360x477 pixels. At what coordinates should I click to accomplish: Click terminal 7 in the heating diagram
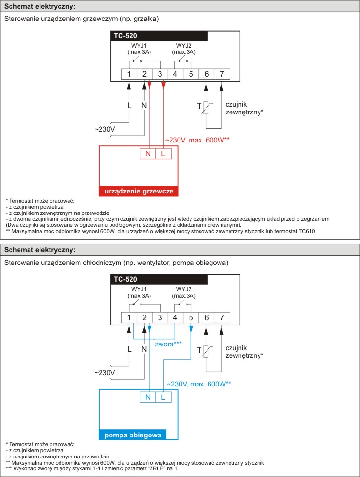pos(222,74)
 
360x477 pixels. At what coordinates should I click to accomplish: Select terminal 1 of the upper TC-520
pos(129,74)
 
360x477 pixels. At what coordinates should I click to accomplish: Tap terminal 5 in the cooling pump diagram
pos(191,317)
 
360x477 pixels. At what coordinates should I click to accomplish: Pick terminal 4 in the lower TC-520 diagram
pos(175,317)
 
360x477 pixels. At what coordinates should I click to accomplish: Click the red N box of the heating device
pos(148,153)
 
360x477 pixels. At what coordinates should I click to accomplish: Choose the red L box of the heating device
pos(163,153)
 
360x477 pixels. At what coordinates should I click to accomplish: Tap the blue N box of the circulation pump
pos(148,397)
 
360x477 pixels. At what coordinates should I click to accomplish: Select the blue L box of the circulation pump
pos(163,397)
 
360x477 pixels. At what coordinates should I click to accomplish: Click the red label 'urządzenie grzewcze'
pos(139,192)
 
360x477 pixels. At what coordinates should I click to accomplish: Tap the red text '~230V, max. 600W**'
pos(197,140)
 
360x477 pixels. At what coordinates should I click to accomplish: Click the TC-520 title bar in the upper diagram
pos(160,36)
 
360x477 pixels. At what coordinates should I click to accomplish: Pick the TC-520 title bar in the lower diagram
pos(160,279)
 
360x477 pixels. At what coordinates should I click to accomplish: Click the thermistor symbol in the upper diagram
pos(207,108)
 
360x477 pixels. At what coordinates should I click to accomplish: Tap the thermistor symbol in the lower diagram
pos(207,351)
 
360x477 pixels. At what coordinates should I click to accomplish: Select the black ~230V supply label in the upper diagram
pos(105,129)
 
